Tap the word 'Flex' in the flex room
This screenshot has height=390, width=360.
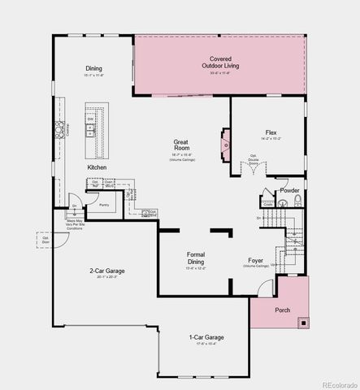click(271, 132)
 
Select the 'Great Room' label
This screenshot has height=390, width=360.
click(180, 145)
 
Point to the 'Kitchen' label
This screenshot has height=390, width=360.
click(97, 167)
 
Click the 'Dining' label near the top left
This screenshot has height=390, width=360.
click(93, 68)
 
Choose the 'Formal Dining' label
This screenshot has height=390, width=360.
click(196, 258)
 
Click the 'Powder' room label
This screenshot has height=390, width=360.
click(288, 190)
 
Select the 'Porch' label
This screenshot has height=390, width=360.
click(282, 310)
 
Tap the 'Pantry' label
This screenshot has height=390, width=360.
click(104, 206)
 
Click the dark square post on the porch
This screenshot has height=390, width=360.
click(303, 323)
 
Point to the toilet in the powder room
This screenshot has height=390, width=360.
click(297, 201)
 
